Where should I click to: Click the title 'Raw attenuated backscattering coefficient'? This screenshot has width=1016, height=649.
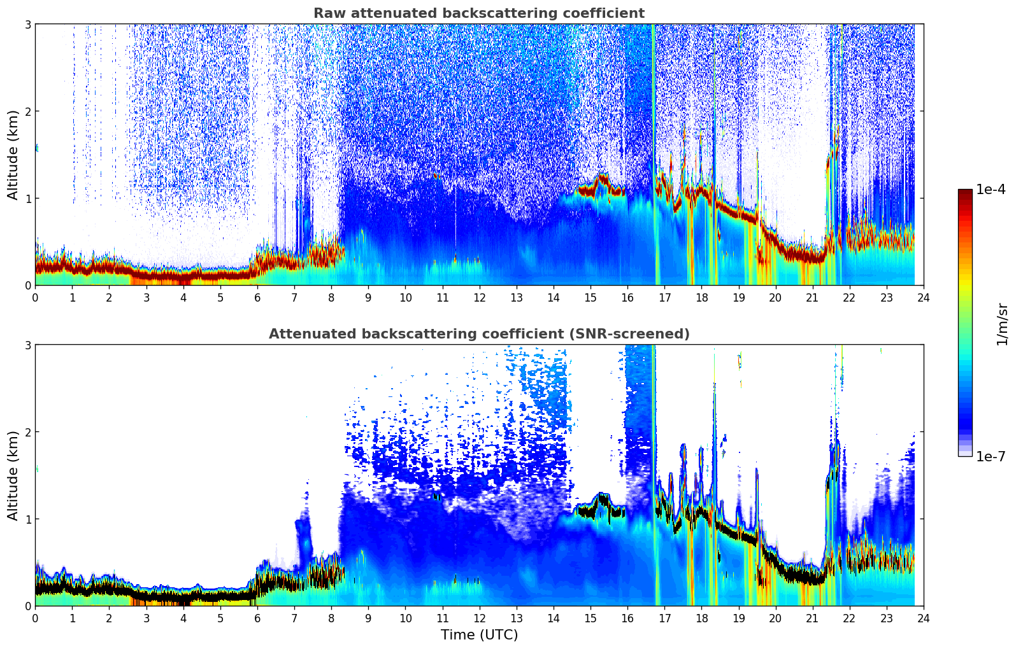[479, 13]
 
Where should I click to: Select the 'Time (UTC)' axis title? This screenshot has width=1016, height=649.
[479, 634]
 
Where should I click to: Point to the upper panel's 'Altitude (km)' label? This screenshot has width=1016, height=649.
[13, 155]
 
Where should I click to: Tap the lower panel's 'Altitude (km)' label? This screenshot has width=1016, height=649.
[13, 475]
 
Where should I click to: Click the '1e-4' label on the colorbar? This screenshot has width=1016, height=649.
[991, 190]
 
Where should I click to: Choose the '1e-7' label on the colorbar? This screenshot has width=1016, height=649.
[991, 456]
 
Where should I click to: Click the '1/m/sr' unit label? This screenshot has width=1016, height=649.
[1002, 324]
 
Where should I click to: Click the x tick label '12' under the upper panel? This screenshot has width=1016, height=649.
[479, 298]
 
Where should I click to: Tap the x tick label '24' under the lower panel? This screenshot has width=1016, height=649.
[923, 618]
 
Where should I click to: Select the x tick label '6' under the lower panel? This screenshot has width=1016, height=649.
[257, 618]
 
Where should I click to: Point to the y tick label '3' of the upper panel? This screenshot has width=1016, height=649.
[28, 24]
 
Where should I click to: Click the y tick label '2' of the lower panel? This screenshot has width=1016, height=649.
[28, 432]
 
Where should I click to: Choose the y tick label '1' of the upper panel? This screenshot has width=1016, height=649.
[28, 199]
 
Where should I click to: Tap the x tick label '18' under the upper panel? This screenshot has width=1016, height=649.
[701, 298]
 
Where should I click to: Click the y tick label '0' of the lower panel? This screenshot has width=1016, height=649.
[28, 606]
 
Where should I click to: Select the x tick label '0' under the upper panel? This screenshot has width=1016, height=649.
[35, 298]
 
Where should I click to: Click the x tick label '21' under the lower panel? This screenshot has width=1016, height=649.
[812, 618]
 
